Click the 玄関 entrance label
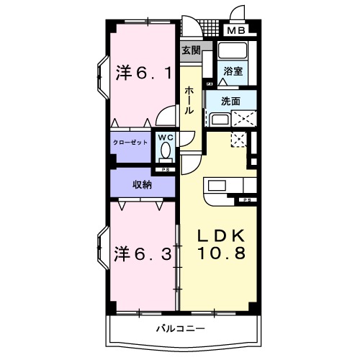tap(190, 50)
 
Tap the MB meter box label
tap(237, 30)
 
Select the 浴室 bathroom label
tap(233, 71)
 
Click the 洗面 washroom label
tap(230, 102)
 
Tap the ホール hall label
tap(189, 101)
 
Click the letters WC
tap(165, 137)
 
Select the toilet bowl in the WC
tap(166, 152)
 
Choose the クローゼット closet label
tap(130, 143)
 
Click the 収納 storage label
tap(142, 184)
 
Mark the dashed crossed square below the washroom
tap(238, 140)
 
